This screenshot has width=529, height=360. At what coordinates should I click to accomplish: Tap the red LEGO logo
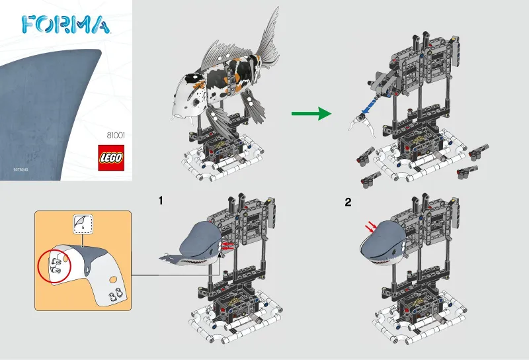tap(110, 159)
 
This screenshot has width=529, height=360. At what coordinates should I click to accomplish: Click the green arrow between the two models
tap(310, 114)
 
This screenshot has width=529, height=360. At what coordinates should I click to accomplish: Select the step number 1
tap(159, 199)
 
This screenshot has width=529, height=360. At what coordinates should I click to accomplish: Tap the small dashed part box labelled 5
tap(81, 223)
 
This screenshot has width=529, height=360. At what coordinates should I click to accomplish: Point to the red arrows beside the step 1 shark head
tap(227, 246)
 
